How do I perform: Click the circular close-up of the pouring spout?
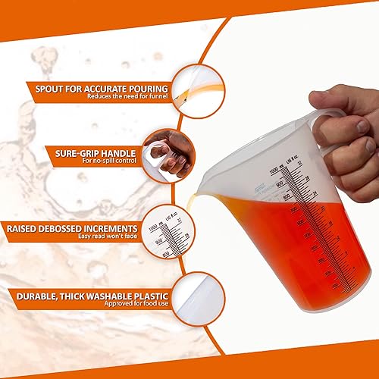[x=194, y=87]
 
